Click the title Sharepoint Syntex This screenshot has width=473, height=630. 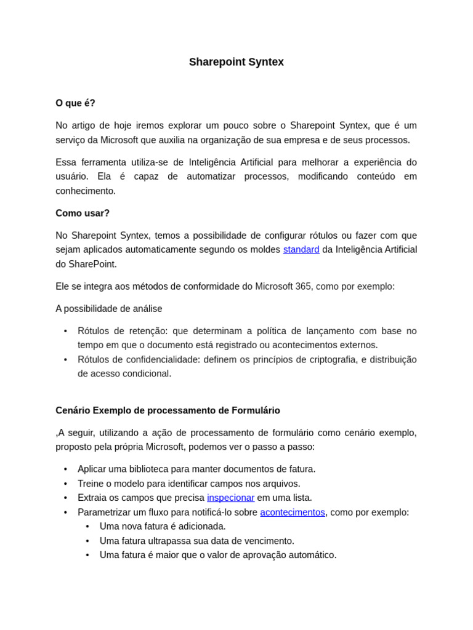pyautogui.click(x=236, y=62)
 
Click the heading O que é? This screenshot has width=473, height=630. pyautogui.click(x=75, y=103)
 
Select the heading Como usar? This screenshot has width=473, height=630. pyautogui.click(x=83, y=213)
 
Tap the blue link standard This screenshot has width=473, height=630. pyautogui.click(x=301, y=250)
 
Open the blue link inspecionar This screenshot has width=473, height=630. pyautogui.click(x=230, y=498)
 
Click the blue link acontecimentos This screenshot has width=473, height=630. pyautogui.click(x=292, y=512)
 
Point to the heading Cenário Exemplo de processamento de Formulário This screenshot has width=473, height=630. pyautogui.click(x=168, y=410)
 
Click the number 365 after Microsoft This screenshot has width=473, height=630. pyautogui.click(x=303, y=287)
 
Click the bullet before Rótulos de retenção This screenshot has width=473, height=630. pyautogui.click(x=66, y=332)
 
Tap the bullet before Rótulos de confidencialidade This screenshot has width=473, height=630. pyautogui.click(x=66, y=360)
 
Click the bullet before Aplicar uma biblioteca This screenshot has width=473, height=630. pyautogui.click(x=66, y=469)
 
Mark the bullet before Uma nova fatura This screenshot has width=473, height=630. pyautogui.click(x=87, y=527)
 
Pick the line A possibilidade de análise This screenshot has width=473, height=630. pyautogui.click(x=109, y=309)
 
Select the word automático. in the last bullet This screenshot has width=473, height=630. pyautogui.click(x=313, y=555)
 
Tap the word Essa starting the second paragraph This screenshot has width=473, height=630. pyautogui.click(x=67, y=162)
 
